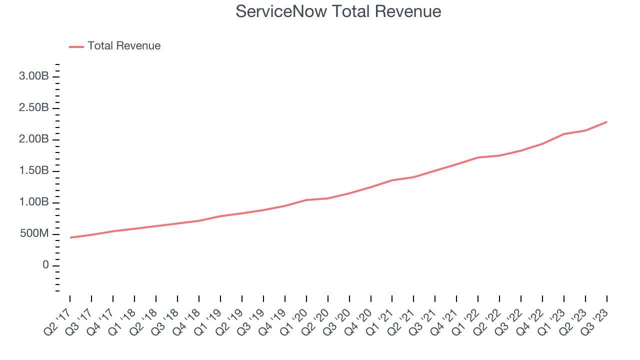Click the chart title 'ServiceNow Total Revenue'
click(x=338, y=11)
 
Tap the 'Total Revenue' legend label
click(x=124, y=46)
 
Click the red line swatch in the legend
click(x=76, y=46)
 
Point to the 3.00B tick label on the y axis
click(x=34, y=76)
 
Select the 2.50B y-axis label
click(x=34, y=108)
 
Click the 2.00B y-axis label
click(x=34, y=139)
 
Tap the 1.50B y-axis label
click(x=34, y=171)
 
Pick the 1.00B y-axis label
click(x=34, y=202)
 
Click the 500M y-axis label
click(x=35, y=234)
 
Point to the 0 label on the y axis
click(x=45, y=265)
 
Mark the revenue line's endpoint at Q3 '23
click(x=607, y=121)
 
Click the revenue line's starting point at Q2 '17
click(x=70, y=237)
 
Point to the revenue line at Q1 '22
click(x=478, y=157)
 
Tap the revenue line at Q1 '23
click(x=564, y=134)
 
